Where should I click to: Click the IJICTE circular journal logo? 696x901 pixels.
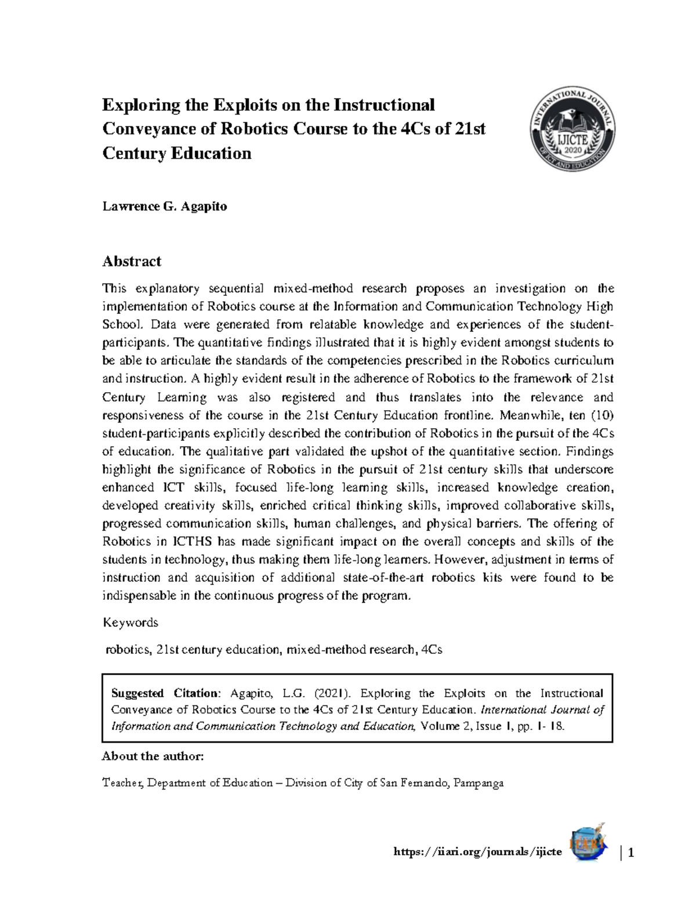click(572, 129)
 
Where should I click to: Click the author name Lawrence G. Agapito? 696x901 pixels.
click(164, 207)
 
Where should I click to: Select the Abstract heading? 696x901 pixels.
click(132, 262)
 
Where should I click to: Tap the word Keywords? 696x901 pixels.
click(130, 623)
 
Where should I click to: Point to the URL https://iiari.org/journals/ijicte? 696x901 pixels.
click(477, 852)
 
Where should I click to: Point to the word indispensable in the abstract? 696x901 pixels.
click(137, 596)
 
